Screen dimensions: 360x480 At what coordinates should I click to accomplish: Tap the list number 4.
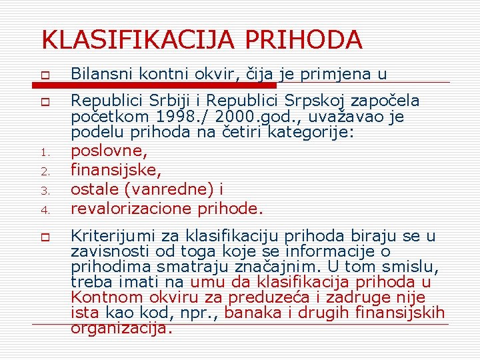click(44, 209)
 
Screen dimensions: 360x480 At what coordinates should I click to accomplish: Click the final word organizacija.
click(121, 327)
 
